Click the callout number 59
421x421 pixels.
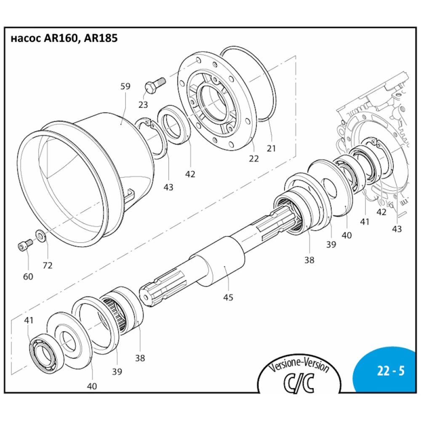click(x=125, y=86)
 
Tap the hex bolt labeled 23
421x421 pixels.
click(x=153, y=86)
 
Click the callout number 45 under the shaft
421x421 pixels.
click(x=228, y=297)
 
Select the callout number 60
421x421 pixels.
click(x=29, y=276)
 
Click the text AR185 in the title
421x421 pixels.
click(x=101, y=38)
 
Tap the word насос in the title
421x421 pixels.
click(x=24, y=39)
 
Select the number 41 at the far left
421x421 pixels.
click(x=29, y=320)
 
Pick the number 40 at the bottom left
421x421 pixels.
click(x=92, y=386)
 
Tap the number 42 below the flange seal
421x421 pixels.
click(x=190, y=173)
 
